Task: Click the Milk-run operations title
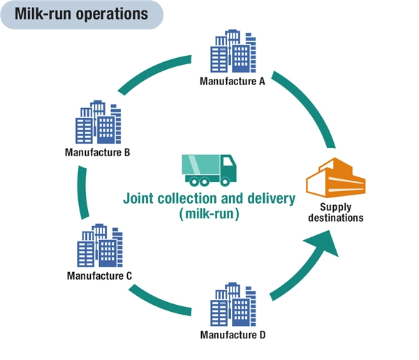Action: (81, 14)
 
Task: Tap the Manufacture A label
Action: (233, 82)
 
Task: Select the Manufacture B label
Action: (97, 153)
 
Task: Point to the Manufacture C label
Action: (99, 276)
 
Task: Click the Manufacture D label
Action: (233, 335)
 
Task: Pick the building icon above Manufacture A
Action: (233, 51)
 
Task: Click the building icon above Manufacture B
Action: (98, 122)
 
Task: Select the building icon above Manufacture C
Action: (100, 246)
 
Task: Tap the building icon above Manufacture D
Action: (233, 304)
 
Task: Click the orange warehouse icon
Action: (336, 178)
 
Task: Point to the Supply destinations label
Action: (336, 213)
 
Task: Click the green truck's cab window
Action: (228, 161)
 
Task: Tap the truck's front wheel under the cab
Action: (225, 182)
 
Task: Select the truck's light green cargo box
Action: (201, 165)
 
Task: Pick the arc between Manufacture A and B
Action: (152, 72)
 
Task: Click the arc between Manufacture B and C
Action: (81, 193)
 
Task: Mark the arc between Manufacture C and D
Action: (159, 302)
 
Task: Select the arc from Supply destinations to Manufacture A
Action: (308, 104)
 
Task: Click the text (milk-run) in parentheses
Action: (209, 214)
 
